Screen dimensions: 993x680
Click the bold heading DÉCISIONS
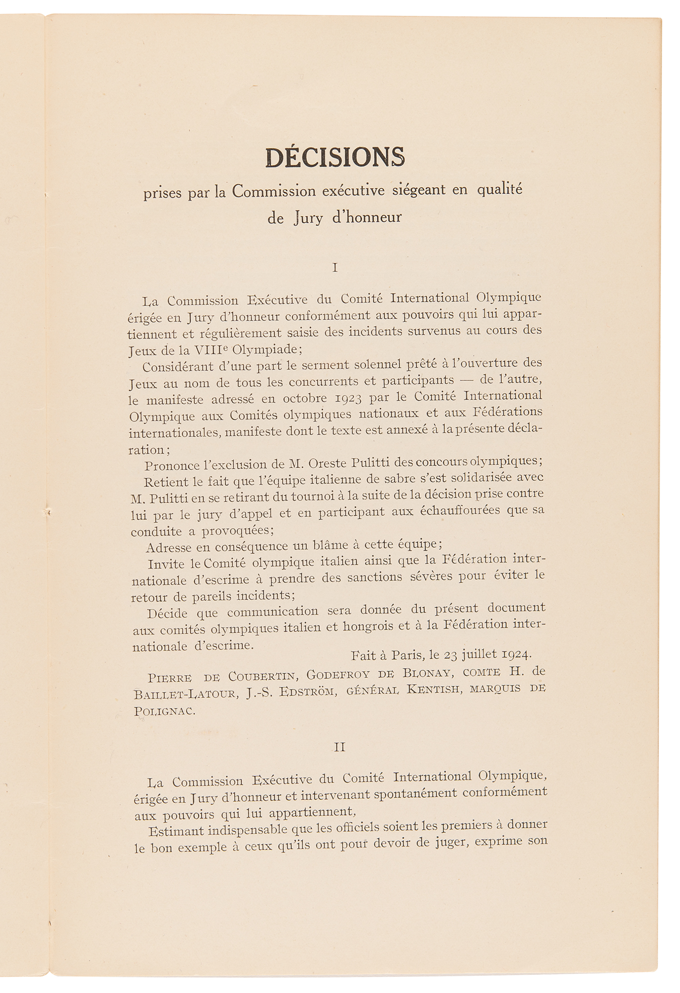(336, 158)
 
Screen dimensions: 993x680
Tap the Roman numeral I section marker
(335, 268)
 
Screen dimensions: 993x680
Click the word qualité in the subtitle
(500, 190)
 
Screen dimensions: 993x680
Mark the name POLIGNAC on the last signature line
(164, 710)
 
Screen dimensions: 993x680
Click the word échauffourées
(456, 511)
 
